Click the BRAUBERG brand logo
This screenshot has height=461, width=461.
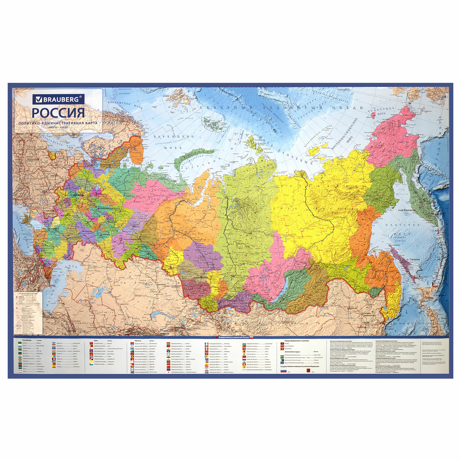(x=58, y=99)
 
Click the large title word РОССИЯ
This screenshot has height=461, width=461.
(x=58, y=112)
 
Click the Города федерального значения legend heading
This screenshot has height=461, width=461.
(x=297, y=341)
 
